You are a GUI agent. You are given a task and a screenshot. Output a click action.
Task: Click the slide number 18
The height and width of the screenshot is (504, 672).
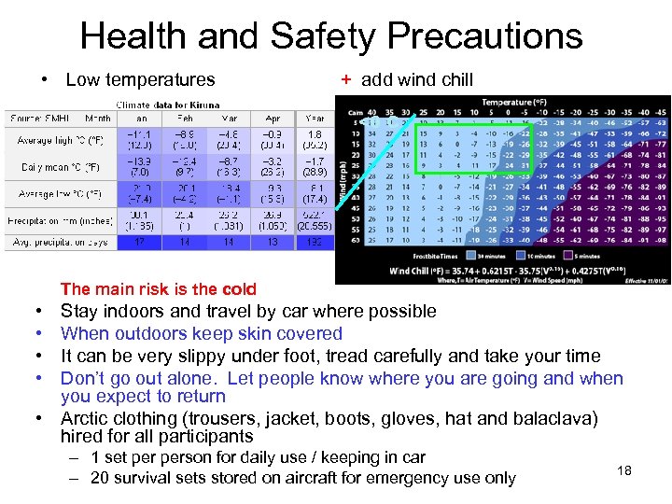tap(624, 470)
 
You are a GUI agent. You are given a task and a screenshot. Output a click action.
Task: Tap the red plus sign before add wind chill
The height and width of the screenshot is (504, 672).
tap(345, 80)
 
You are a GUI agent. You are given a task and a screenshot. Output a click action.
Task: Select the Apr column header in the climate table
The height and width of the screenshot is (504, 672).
tap(273, 119)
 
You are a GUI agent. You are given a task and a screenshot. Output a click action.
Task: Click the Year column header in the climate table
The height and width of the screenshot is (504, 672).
tap(315, 119)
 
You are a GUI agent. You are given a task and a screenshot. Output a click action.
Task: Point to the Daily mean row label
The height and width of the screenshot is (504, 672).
tap(56, 167)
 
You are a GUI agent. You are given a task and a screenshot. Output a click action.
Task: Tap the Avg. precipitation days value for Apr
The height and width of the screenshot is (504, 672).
tap(273, 242)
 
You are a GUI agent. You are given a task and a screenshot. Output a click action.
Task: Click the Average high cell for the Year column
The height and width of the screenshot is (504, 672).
tap(315, 140)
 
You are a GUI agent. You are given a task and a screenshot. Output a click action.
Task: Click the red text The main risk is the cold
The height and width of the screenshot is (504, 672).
tap(158, 289)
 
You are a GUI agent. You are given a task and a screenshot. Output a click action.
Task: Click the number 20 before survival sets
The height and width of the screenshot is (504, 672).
tap(100, 478)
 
